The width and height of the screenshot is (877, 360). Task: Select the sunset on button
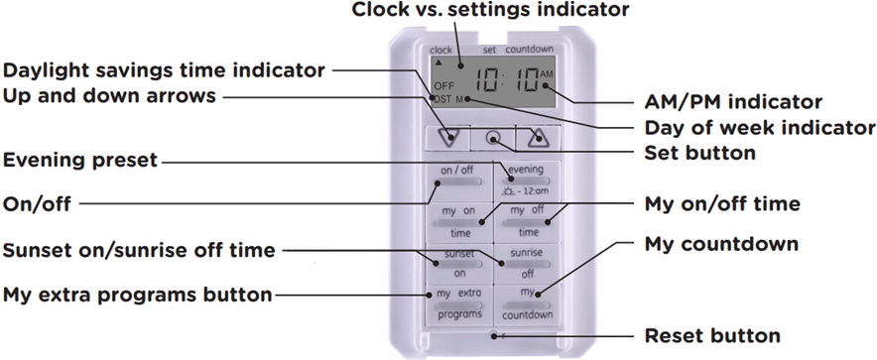tap(459, 261)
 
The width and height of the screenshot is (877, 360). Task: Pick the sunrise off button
tap(526, 261)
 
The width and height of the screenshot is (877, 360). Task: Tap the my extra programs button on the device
tap(459, 303)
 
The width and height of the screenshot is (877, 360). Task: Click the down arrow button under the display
tap(452, 138)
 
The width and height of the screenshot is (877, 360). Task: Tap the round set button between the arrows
tap(493, 138)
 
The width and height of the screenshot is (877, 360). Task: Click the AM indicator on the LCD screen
tap(548, 74)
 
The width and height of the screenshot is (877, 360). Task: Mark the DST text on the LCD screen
tap(441, 99)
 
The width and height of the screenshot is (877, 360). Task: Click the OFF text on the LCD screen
tap(442, 86)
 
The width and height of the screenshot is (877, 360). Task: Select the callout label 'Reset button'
tap(712, 335)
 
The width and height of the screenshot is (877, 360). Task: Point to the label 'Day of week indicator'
tap(760, 128)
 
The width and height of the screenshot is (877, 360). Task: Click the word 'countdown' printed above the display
tap(529, 49)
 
